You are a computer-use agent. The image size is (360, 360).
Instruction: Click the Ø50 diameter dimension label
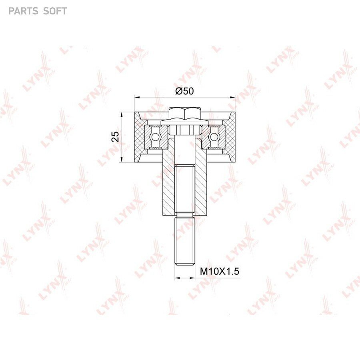pos(184,91)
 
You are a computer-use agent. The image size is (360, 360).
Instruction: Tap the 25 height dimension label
pos(116,137)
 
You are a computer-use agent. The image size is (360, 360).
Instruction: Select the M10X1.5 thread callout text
pos(220,271)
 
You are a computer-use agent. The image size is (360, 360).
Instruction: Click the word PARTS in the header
pos(22,11)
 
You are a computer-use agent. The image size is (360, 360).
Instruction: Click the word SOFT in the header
pos(55,11)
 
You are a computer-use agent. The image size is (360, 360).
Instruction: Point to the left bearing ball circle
pos(154,137)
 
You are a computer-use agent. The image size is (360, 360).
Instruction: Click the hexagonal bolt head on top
pos(185,114)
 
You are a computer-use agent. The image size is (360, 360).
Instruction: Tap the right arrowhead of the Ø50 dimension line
pos(233,98)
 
